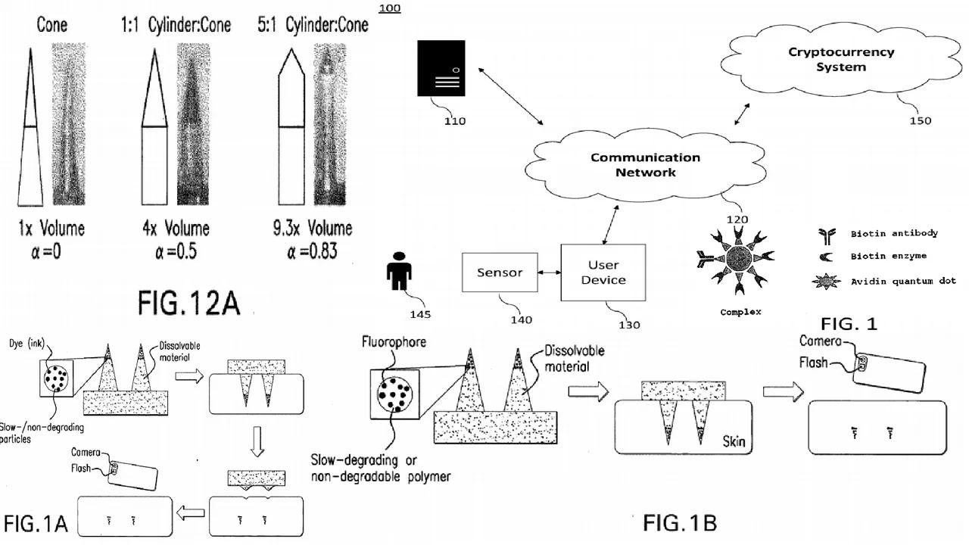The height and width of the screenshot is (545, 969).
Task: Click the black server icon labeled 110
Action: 440,70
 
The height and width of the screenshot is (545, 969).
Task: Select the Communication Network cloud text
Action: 645,164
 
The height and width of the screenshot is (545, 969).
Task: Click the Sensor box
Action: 500,272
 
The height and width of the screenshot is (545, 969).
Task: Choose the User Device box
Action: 603,272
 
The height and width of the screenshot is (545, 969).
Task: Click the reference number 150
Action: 920,120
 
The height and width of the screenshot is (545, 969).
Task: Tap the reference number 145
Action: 420,314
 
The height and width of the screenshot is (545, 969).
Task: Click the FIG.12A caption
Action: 189,303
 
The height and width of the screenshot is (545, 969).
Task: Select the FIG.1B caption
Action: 679,522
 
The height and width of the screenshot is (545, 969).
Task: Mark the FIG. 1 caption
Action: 849,324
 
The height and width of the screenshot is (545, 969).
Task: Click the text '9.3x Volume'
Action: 313,228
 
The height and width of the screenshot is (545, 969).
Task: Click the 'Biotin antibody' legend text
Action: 894,234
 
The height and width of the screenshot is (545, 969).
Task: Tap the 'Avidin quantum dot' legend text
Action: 902,281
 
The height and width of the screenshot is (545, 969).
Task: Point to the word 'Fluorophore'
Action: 394,342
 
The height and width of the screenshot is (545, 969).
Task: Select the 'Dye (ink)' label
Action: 27,344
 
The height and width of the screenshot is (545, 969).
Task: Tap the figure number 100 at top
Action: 389,8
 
